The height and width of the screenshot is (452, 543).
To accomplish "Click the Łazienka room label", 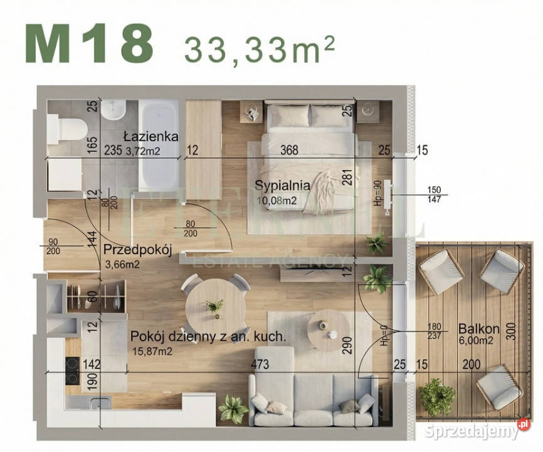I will (150, 136).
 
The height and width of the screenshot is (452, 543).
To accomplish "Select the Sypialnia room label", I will (282, 185).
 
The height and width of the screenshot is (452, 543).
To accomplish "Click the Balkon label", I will (478, 328).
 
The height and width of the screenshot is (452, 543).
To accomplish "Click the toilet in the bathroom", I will (67, 127).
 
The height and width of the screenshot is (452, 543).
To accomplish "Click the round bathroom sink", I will (115, 111).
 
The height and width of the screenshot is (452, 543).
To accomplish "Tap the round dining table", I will (214, 306).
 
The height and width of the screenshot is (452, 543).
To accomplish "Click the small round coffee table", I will (328, 328).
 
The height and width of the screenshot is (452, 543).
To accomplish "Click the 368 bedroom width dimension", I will (290, 151).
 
